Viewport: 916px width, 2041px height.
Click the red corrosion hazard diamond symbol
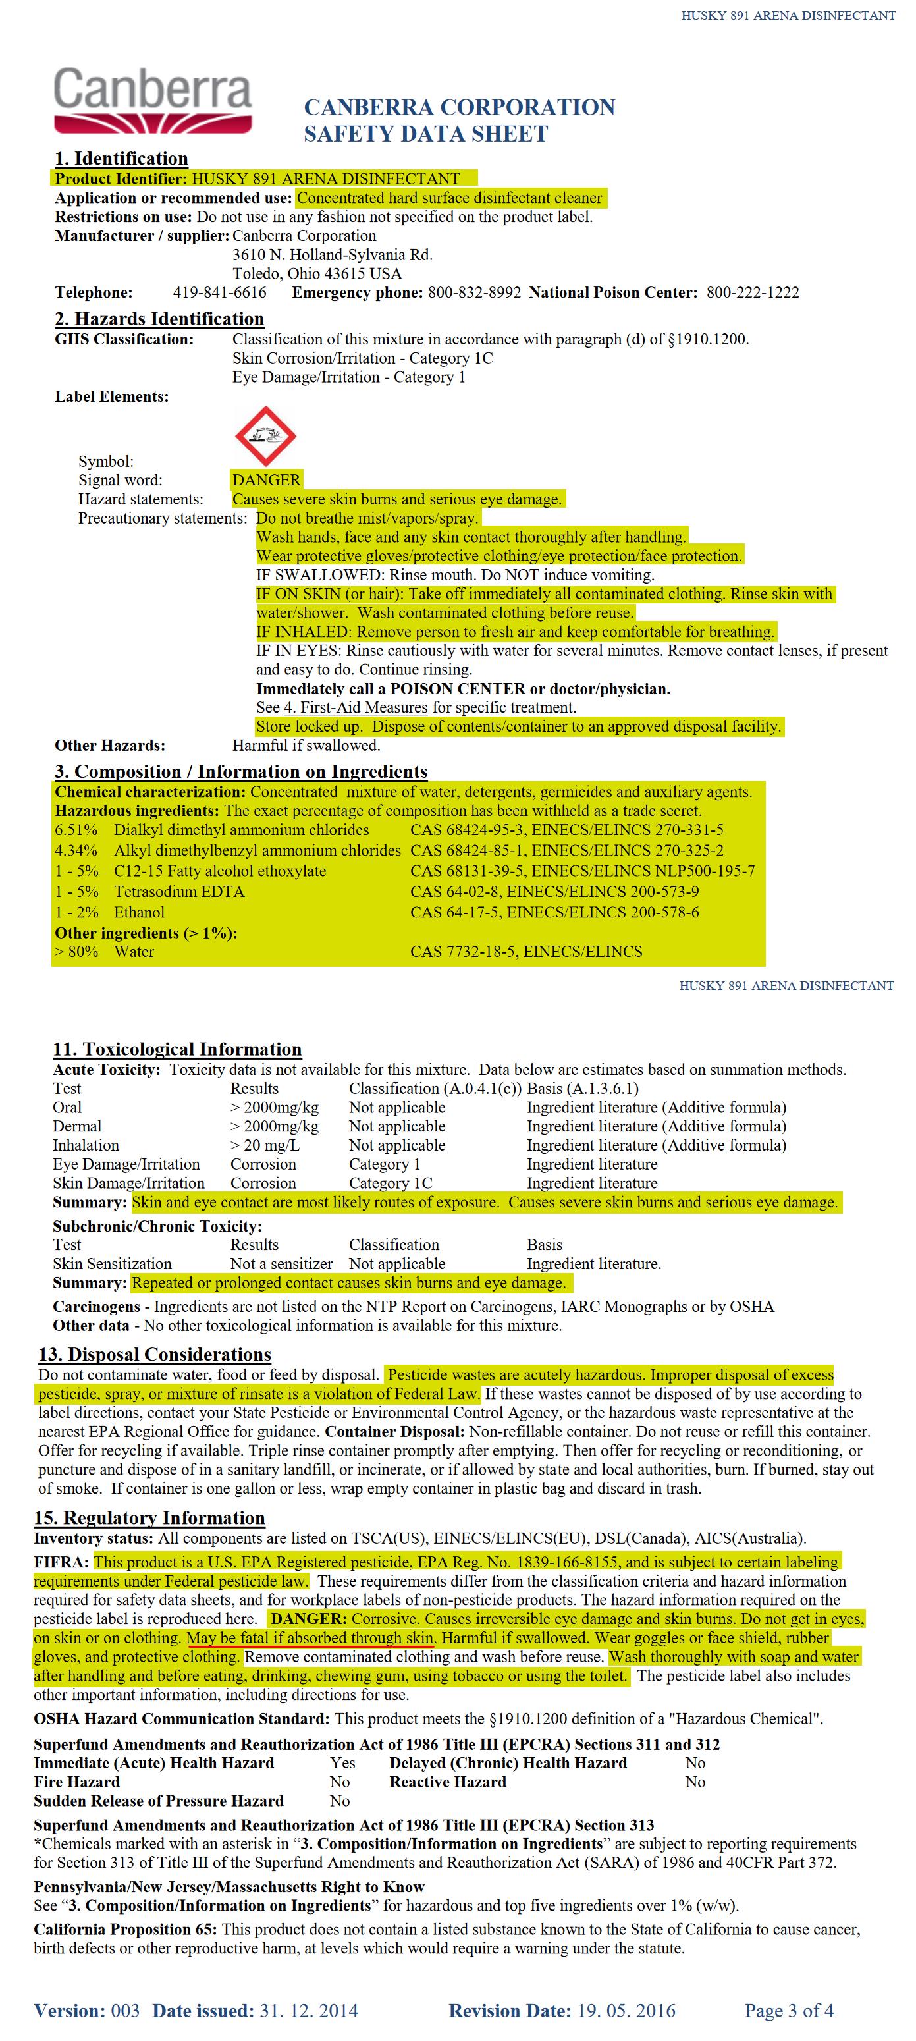coord(265,436)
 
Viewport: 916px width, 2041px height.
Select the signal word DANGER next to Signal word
coord(266,480)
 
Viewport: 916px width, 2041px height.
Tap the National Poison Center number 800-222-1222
coord(752,292)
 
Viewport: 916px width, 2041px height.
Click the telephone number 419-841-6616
coord(219,292)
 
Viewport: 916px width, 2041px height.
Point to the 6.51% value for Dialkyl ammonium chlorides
coord(76,830)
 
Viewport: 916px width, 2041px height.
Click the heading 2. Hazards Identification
coord(159,319)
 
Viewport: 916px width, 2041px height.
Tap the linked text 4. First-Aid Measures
coord(355,707)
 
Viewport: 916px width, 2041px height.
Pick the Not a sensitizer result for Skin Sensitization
coord(281,1265)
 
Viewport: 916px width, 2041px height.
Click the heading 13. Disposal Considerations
coord(155,1355)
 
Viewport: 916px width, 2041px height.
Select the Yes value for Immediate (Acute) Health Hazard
coord(342,1763)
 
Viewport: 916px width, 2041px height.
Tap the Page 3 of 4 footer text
coord(788,2011)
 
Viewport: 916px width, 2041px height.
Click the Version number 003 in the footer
coord(125,2011)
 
